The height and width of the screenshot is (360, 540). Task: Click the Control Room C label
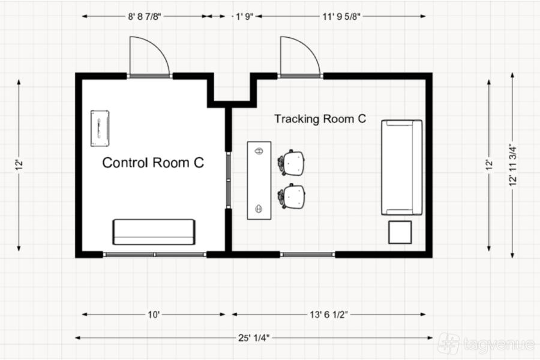coord(153,163)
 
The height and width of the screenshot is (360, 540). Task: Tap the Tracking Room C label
coord(320,119)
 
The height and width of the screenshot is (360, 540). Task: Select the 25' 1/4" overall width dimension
coord(254,338)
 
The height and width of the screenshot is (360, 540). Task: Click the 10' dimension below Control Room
coord(154,314)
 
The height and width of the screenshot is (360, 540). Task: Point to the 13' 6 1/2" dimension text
coord(329,314)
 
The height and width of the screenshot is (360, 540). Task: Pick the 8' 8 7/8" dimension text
coord(145,17)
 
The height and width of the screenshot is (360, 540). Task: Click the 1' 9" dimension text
coord(245,17)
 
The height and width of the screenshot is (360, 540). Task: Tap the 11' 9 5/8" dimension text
coord(341,17)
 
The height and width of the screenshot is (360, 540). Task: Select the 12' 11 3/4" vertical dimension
coord(513,166)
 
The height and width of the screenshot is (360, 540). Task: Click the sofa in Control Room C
coord(154,232)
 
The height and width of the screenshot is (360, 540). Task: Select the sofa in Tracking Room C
coord(401,167)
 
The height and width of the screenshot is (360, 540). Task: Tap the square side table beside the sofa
coord(400,233)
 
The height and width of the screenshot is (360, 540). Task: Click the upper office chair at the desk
coord(292,163)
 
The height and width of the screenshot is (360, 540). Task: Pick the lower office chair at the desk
coord(292,196)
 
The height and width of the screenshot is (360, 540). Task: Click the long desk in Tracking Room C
coord(259,180)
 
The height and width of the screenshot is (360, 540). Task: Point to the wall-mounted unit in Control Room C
coord(100,128)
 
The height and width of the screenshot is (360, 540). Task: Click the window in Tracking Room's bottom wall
coord(308,254)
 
